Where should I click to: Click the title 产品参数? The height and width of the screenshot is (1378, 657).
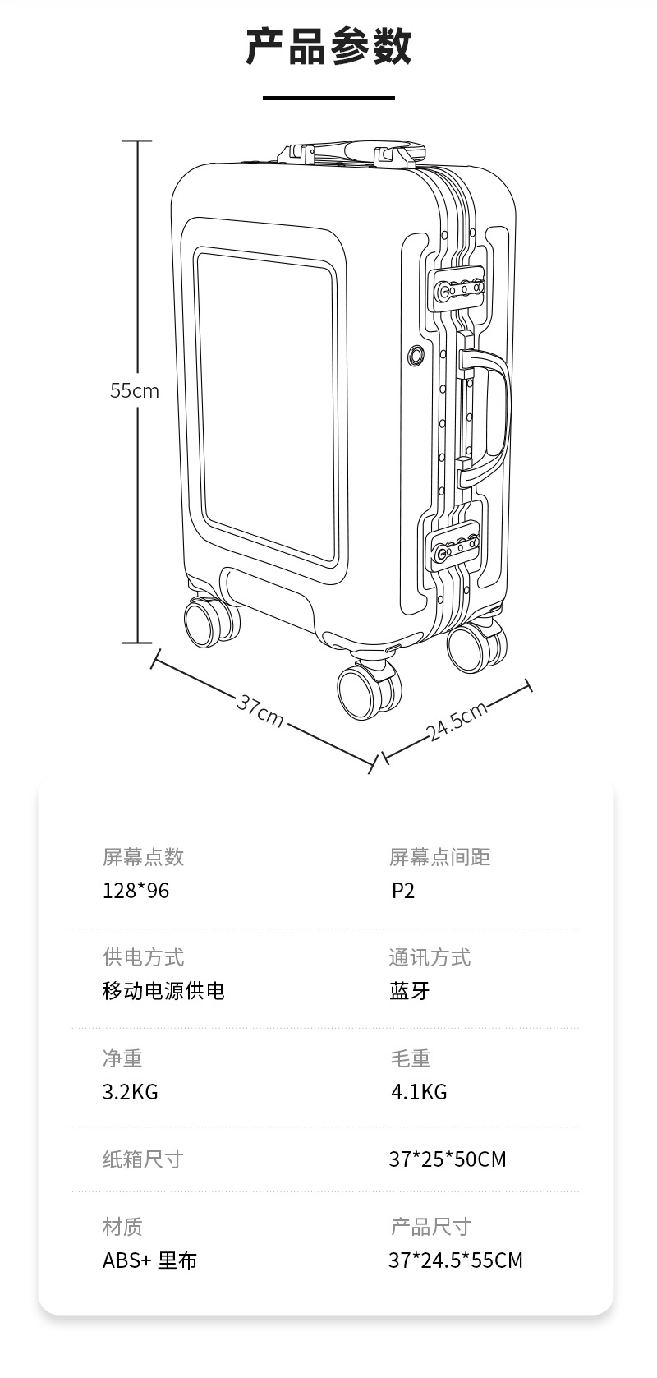(328, 47)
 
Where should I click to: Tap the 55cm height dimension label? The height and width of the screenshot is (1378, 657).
(135, 390)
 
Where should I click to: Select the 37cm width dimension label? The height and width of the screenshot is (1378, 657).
(260, 711)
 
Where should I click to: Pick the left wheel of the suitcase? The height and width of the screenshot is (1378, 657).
(211, 620)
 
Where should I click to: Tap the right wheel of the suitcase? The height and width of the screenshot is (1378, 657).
(477, 646)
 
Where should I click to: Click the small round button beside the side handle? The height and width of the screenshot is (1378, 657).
(416, 355)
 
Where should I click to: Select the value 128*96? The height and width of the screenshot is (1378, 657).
(136, 890)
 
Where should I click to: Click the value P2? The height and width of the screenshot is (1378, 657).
(403, 890)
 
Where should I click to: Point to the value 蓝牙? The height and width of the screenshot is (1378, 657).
(409, 991)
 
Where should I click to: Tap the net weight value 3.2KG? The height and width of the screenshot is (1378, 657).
(131, 1092)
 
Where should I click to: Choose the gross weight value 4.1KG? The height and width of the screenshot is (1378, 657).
(419, 1092)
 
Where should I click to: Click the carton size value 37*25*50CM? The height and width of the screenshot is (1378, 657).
(448, 1159)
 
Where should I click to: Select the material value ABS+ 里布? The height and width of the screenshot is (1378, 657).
(150, 1260)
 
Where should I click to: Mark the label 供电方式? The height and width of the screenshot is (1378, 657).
(143, 957)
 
